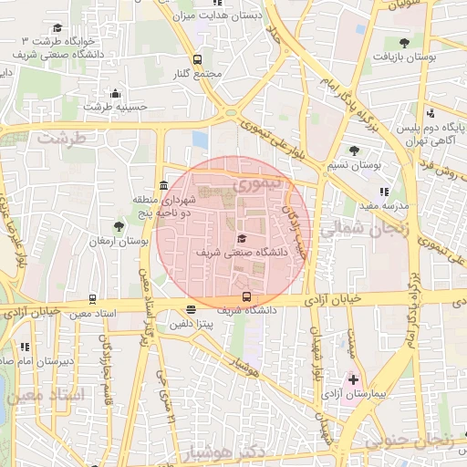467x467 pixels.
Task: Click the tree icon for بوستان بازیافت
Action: (404, 42)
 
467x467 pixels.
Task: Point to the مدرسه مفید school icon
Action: (384, 192)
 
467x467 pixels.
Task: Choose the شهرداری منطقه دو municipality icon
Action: (163, 185)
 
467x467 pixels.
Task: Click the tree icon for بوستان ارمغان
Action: (119, 225)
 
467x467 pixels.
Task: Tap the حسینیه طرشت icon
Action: (115, 93)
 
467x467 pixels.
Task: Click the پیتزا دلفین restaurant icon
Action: (189, 310)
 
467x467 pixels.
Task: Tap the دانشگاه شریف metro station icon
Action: (246, 296)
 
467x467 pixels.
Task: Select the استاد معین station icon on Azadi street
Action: (92, 299)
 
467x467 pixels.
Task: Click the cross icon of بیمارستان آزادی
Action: (354, 379)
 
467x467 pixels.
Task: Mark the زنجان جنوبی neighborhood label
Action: (410, 441)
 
